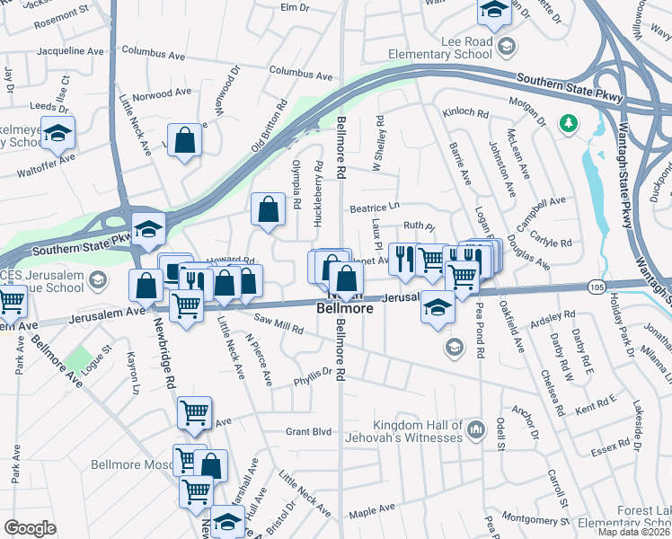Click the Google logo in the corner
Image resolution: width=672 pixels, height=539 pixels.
pos(30,528)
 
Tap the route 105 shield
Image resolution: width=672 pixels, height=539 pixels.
pos(597,286)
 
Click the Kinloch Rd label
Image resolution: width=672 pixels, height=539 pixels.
pos(464,114)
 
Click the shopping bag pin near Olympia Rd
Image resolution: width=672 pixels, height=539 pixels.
pos(269,210)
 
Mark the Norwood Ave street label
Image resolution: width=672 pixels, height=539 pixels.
pos(162,93)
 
